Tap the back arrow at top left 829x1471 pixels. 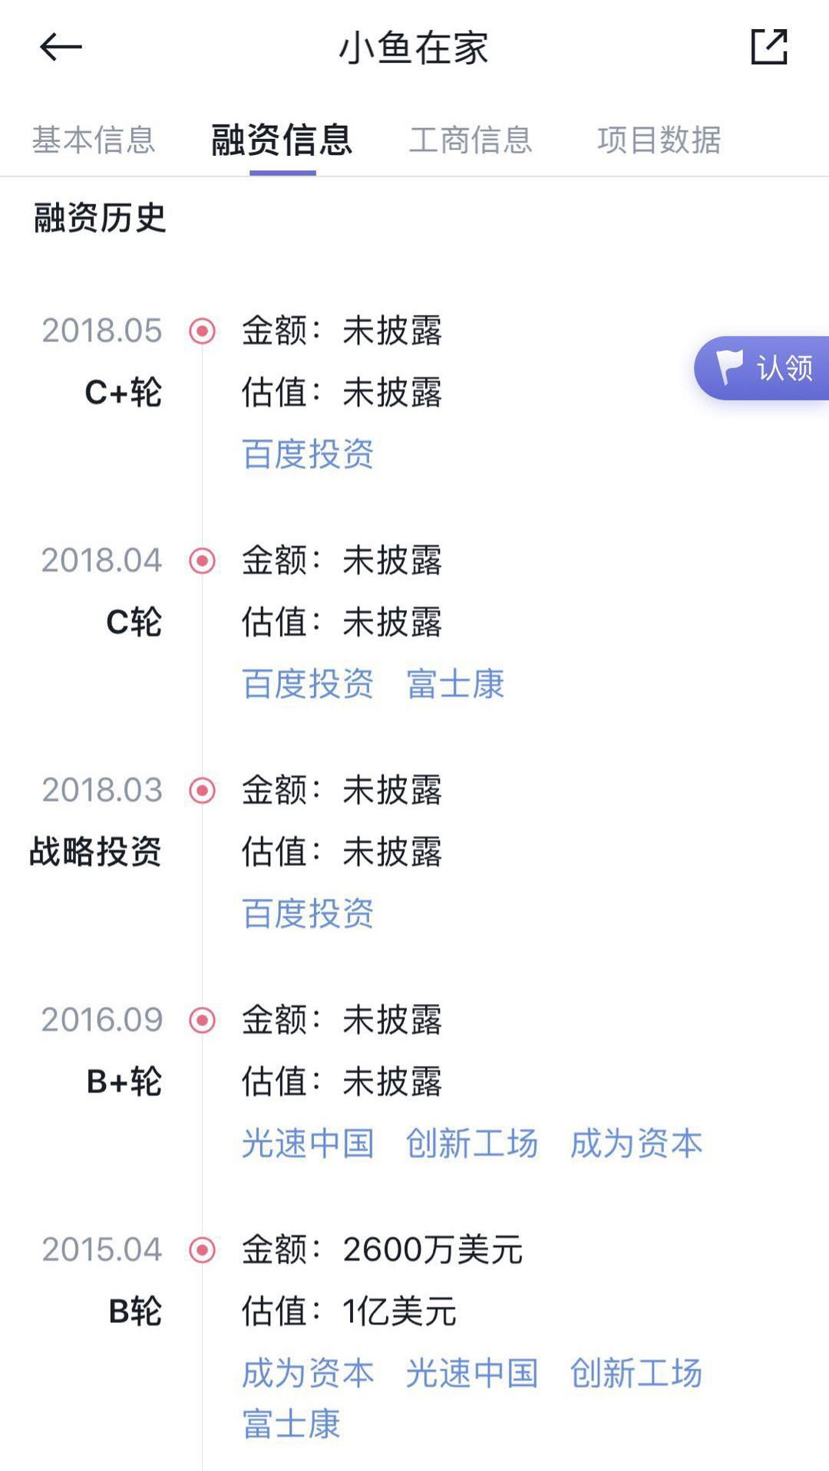tap(61, 48)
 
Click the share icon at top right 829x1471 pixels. tap(768, 48)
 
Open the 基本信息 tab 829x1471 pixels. tap(94, 140)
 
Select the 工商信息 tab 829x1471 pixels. tap(471, 140)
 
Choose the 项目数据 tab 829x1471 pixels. tap(659, 140)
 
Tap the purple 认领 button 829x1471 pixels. tap(764, 368)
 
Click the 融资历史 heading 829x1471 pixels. tap(100, 218)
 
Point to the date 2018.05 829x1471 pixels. tap(102, 331)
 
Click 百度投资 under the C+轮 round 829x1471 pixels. tap(308, 454)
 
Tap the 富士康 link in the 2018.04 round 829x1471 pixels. tap(455, 684)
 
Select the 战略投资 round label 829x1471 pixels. tap(95, 851)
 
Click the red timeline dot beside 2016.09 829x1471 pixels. tap(203, 1020)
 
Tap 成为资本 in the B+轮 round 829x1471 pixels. tap(636, 1144)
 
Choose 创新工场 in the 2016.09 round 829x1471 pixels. tap(472, 1144)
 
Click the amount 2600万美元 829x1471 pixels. tap(433, 1250)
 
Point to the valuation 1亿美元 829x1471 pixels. tap(400, 1311)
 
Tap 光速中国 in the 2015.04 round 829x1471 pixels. tap(472, 1373)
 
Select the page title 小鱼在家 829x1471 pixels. tap(414, 48)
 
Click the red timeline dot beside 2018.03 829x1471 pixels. tap(203, 790)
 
